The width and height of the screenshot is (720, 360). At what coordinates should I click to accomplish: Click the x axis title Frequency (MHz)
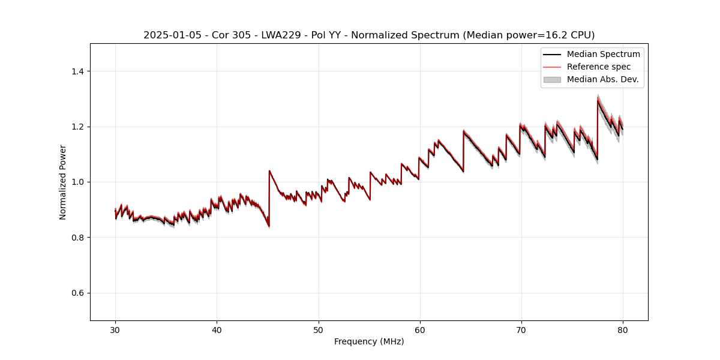(369, 341)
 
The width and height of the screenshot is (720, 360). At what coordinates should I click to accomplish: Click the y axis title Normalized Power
(63, 182)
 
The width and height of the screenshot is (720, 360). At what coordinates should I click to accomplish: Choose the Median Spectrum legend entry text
(603, 54)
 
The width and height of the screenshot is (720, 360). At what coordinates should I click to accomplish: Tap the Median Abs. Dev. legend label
(602, 79)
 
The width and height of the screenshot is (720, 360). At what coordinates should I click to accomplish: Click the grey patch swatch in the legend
(552, 79)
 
